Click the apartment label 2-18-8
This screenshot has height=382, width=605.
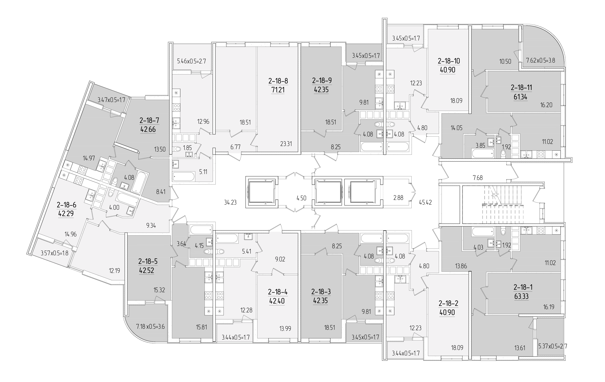click(x=278, y=81)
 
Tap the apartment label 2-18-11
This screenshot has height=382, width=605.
click(x=521, y=87)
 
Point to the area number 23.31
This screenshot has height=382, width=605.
click(x=286, y=144)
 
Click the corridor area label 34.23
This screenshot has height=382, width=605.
click(x=230, y=202)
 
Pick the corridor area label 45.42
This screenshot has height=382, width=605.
click(x=425, y=202)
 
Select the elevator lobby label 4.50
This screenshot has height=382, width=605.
click(x=301, y=198)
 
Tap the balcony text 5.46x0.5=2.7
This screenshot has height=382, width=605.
click(x=191, y=61)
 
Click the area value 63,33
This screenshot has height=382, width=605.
click(x=521, y=296)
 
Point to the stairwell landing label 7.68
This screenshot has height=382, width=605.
click(x=478, y=178)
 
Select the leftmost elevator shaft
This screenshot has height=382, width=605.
click(x=262, y=192)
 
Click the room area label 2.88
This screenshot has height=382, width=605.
click(x=398, y=198)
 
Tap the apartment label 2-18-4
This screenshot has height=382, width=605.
click(x=278, y=292)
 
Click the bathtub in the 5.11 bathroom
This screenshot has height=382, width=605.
click(x=184, y=176)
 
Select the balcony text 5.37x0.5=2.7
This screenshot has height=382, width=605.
click(x=553, y=347)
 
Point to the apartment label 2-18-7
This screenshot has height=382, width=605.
click(x=149, y=121)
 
